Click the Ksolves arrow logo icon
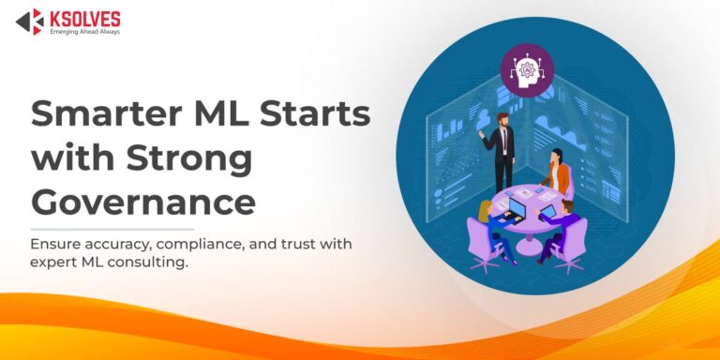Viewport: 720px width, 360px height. tap(29, 21)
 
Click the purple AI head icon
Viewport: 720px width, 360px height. tap(526, 68)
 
